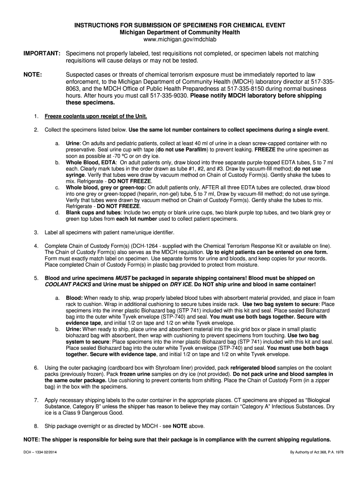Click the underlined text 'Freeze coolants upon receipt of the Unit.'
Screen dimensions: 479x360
(x=96, y=116)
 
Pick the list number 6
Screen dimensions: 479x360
(x=36, y=368)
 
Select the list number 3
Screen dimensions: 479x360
(x=36, y=232)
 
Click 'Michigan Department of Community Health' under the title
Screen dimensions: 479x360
(x=180, y=32)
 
